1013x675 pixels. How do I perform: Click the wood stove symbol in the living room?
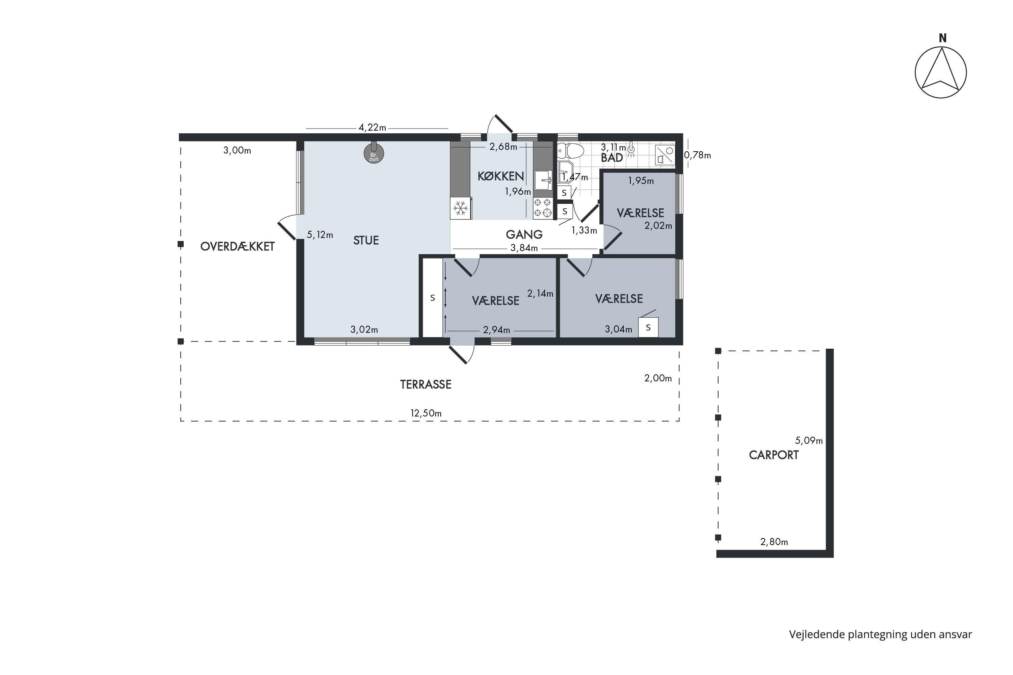pyautogui.click(x=373, y=153)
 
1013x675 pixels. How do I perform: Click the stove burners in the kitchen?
pyautogui.click(x=543, y=208)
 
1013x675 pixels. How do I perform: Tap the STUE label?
pyautogui.click(x=366, y=240)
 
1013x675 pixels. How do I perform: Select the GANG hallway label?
pyautogui.click(x=524, y=235)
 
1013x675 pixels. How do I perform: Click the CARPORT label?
pyautogui.click(x=774, y=455)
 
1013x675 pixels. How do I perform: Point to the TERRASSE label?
pyautogui.click(x=425, y=384)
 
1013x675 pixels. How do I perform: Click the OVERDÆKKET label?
pyautogui.click(x=237, y=246)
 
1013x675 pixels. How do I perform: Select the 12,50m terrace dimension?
pyautogui.click(x=425, y=413)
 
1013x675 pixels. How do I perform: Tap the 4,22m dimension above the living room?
pyautogui.click(x=372, y=128)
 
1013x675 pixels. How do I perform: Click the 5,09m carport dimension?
pyautogui.click(x=808, y=441)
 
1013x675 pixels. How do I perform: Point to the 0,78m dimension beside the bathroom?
pyautogui.click(x=697, y=155)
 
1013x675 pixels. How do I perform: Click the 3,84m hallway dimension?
pyautogui.click(x=524, y=248)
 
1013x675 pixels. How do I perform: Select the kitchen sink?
pyautogui.click(x=543, y=180)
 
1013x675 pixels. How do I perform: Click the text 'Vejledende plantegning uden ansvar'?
pyautogui.click(x=880, y=634)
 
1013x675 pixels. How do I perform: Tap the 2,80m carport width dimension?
pyautogui.click(x=774, y=542)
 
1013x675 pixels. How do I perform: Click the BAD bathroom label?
pyautogui.click(x=612, y=158)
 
